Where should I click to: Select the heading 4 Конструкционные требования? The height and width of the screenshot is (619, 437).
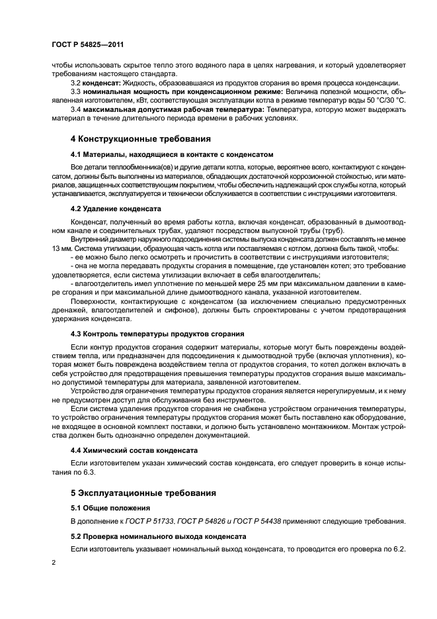141,140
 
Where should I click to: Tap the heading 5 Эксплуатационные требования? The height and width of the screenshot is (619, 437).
144,494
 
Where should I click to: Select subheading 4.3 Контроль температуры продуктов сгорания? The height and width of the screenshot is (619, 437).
157,334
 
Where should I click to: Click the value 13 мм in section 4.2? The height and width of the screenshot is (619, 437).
61,248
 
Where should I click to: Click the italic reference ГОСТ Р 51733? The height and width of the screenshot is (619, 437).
149,522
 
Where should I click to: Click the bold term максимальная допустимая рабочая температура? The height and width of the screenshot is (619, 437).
172,110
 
